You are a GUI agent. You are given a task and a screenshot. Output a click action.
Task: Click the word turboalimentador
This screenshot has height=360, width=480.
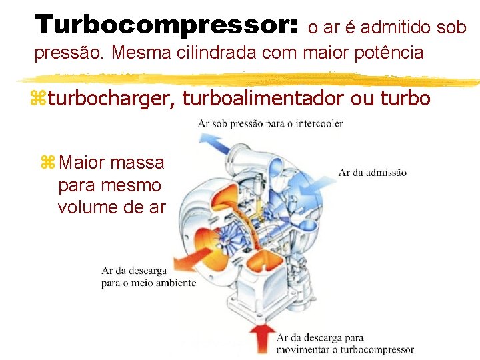pos(264,99)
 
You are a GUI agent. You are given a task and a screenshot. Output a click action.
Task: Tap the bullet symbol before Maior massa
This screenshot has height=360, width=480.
pos(47,162)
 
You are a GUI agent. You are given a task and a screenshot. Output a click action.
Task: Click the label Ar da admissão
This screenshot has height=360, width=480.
pos(372,173)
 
